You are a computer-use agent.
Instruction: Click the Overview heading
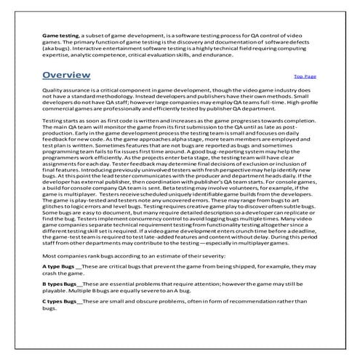[x=66, y=75]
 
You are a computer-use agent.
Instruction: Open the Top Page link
[x=305, y=76]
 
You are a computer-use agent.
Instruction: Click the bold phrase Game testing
[x=60, y=34]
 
